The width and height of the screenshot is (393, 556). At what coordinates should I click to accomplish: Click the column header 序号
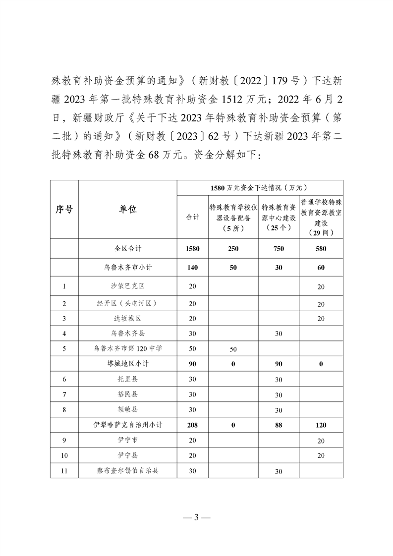point(64,210)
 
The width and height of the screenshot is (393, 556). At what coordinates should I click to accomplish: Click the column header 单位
point(127,210)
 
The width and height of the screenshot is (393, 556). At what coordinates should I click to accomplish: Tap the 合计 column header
point(192,217)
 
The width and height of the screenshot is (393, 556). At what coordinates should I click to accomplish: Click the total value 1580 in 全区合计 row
point(192,249)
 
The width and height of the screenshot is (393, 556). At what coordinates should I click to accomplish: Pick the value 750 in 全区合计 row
point(279,249)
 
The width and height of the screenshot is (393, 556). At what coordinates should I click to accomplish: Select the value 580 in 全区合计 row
point(321,249)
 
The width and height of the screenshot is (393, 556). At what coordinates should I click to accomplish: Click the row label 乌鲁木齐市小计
point(127,267)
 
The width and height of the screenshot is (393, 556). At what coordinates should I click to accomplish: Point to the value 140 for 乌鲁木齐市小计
point(192,267)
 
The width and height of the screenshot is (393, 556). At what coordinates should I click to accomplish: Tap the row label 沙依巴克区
point(127,286)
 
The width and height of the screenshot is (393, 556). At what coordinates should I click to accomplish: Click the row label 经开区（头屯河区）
point(127,303)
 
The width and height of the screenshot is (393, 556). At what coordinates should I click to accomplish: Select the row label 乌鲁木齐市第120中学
point(127,348)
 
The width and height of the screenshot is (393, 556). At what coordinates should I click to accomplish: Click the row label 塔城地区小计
point(127,364)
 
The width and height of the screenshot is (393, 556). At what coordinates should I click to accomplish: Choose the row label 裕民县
point(127,394)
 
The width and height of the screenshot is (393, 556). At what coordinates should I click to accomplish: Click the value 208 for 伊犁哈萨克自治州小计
point(192,425)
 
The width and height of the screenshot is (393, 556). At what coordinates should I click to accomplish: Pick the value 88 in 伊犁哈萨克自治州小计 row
point(279,425)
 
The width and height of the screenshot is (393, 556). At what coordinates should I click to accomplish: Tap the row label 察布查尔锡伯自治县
point(127,471)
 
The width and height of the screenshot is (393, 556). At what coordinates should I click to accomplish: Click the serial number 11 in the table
point(64,471)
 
